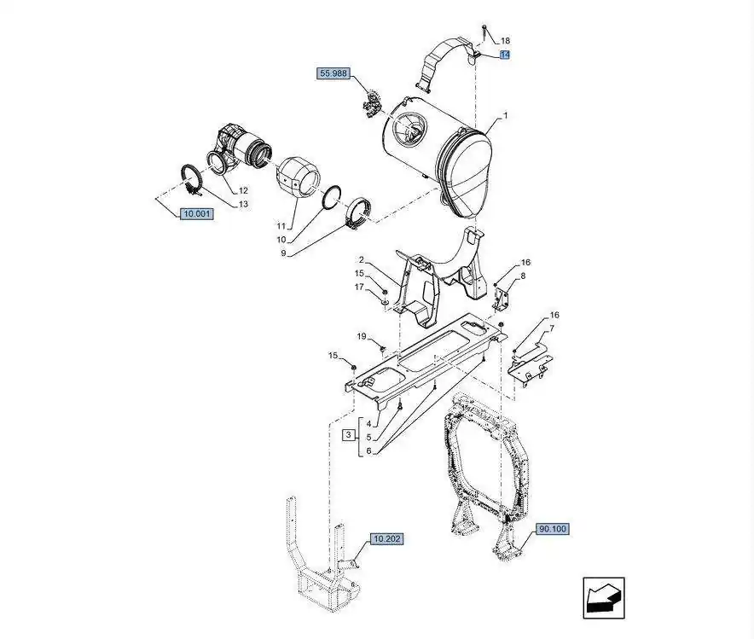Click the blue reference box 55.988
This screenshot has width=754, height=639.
click(x=333, y=73)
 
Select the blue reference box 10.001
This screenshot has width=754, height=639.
click(x=197, y=213)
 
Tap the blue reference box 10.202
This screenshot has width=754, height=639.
click(x=386, y=539)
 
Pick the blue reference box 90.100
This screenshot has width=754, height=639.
click(x=553, y=529)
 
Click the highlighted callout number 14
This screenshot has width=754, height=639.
click(x=504, y=55)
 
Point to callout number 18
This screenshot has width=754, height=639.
click(x=505, y=41)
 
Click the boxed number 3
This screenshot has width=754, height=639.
click(x=349, y=436)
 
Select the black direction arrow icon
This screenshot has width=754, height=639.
click(x=604, y=598)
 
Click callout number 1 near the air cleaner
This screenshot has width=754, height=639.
click(x=506, y=116)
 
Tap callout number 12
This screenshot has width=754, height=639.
click(x=243, y=190)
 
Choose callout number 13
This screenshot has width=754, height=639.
click(x=244, y=205)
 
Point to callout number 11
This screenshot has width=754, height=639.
click(x=281, y=226)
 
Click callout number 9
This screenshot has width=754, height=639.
click(x=283, y=253)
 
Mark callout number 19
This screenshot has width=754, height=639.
click(x=362, y=336)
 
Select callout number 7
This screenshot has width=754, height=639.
click(x=552, y=328)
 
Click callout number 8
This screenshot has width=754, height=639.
click(x=523, y=276)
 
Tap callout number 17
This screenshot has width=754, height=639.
click(x=359, y=287)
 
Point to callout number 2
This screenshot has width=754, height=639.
click(x=361, y=260)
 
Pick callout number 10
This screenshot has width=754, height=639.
click(x=281, y=240)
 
